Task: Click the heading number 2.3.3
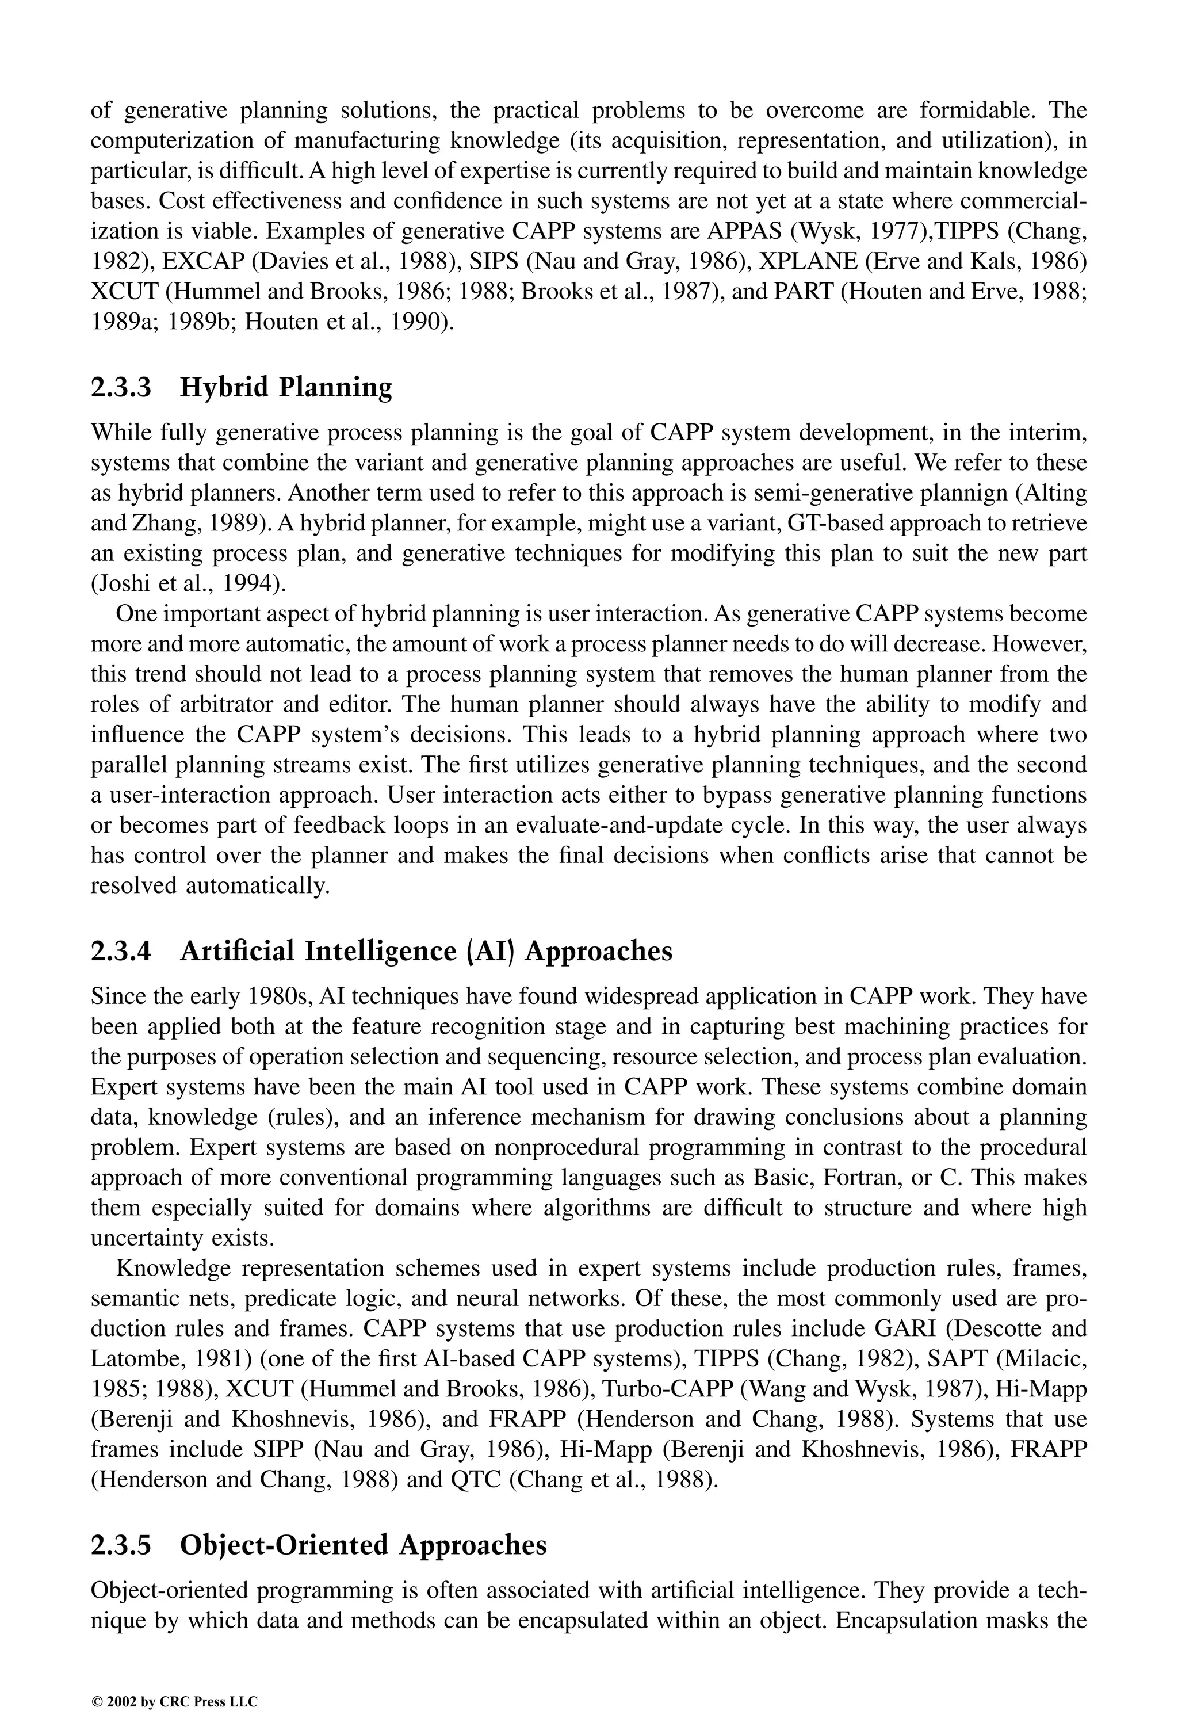[121, 388]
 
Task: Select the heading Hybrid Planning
[286, 388]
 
